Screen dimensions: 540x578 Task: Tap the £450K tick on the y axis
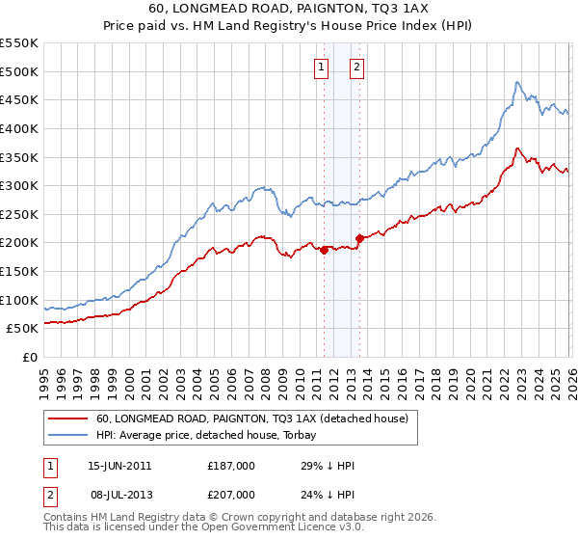click(19, 100)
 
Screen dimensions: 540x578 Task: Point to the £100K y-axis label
click(19, 300)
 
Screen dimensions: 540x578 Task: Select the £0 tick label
click(29, 358)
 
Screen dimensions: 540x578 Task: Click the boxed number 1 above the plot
click(321, 67)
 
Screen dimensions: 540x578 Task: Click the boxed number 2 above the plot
click(356, 67)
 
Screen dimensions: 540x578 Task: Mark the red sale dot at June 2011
click(324, 250)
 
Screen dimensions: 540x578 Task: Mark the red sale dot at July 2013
click(359, 238)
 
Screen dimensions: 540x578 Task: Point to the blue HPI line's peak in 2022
click(517, 83)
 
